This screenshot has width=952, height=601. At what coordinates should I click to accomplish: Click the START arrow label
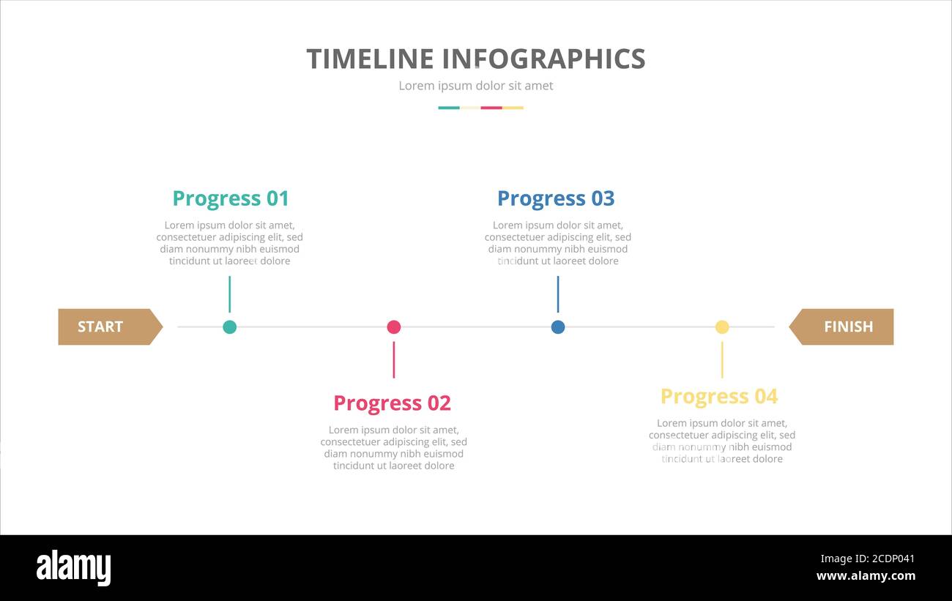[102, 326]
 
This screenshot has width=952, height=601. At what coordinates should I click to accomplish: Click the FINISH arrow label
[847, 326]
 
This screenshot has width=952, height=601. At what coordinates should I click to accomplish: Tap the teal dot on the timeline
[229, 326]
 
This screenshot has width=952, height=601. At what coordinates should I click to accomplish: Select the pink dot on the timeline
[393, 326]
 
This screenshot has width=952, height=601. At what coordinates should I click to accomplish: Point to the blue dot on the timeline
[557, 326]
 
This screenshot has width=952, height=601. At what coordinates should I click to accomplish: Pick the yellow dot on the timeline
[721, 326]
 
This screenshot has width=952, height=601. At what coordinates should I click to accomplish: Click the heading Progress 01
[231, 198]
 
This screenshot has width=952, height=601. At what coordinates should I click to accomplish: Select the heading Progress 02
[392, 403]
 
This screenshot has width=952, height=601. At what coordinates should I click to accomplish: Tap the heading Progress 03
[556, 198]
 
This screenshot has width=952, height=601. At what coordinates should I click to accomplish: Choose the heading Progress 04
[719, 396]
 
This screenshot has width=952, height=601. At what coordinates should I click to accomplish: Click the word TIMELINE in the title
[371, 59]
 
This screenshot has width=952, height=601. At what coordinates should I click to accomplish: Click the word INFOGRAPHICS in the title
[544, 59]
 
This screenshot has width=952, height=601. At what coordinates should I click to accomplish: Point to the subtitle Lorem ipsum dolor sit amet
[475, 86]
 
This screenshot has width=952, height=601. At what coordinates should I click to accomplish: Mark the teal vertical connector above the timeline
[229, 294]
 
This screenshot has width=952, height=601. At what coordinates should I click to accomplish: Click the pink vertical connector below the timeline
[393, 359]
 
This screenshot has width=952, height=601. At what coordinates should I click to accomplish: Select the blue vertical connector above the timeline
[557, 294]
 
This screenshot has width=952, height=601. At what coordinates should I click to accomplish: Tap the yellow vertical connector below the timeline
[721, 359]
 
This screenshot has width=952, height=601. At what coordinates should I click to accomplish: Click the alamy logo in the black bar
[73, 568]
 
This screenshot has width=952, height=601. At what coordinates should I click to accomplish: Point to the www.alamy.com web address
[866, 576]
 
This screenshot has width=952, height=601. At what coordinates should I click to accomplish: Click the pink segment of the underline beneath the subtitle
[491, 108]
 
